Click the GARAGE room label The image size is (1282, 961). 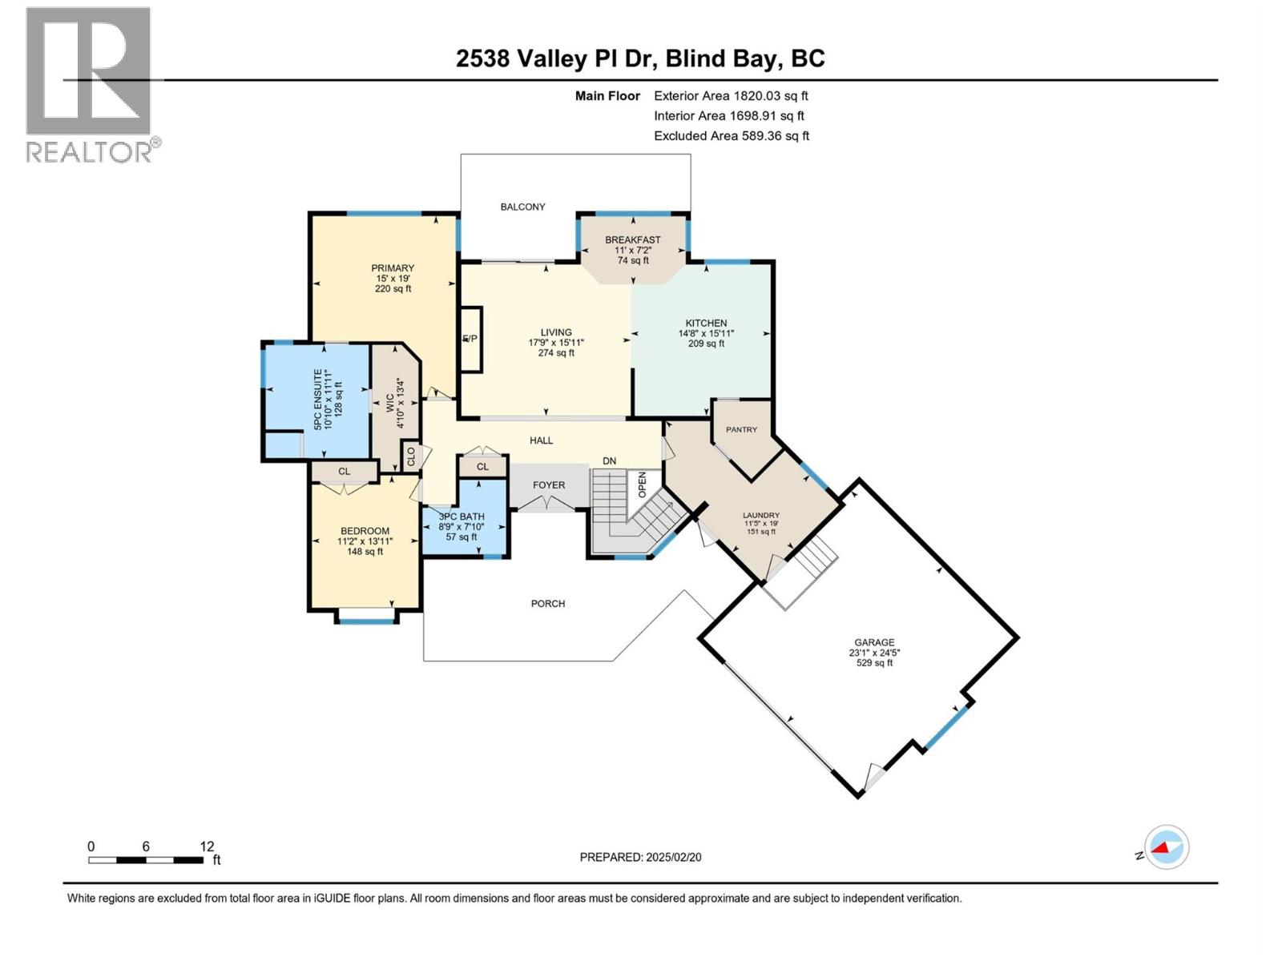(x=874, y=642)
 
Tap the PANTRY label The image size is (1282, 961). (x=741, y=430)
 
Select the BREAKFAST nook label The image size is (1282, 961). (x=633, y=239)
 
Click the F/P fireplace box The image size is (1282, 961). (x=470, y=339)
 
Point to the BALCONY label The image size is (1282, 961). (x=522, y=207)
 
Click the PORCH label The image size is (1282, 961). (x=548, y=604)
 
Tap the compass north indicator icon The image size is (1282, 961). (x=1166, y=847)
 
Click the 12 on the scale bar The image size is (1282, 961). (x=207, y=846)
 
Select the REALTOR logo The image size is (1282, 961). (x=90, y=84)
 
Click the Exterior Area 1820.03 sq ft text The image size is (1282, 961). (x=731, y=96)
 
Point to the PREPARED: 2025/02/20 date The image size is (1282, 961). (x=640, y=857)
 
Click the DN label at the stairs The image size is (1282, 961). (x=610, y=460)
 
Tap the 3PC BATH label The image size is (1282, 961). (x=462, y=517)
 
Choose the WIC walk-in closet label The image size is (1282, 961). (x=390, y=402)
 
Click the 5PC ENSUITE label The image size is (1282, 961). (x=318, y=399)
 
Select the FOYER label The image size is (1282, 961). (x=549, y=485)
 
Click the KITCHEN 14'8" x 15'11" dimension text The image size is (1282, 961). (x=706, y=333)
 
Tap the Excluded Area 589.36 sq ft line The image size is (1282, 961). (x=731, y=136)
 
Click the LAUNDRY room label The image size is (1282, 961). (x=761, y=516)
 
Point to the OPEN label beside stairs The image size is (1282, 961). (x=642, y=484)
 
